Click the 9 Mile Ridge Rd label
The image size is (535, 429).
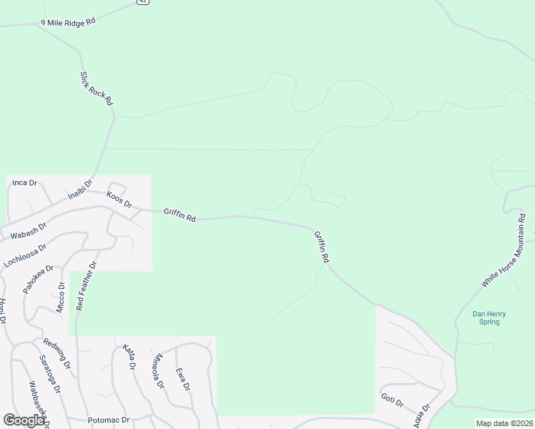point(68,23)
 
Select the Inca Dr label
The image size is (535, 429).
point(24,183)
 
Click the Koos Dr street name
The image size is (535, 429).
point(119,199)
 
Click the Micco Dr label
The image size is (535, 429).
point(61,297)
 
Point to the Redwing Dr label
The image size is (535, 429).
point(57,353)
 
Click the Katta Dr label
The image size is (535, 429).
point(129,357)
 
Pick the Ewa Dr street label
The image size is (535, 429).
point(183,379)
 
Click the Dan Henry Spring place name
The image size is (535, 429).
point(489,317)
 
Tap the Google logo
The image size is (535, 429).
point(24,420)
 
